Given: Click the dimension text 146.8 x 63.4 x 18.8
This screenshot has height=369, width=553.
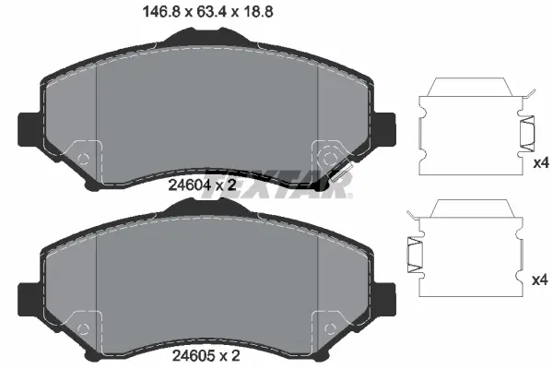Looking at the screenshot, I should (x=206, y=13).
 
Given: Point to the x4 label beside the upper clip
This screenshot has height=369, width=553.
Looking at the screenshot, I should (x=542, y=162).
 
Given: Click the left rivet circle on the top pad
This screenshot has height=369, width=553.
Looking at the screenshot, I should (x=84, y=158).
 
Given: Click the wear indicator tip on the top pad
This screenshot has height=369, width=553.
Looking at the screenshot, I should (x=322, y=185).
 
